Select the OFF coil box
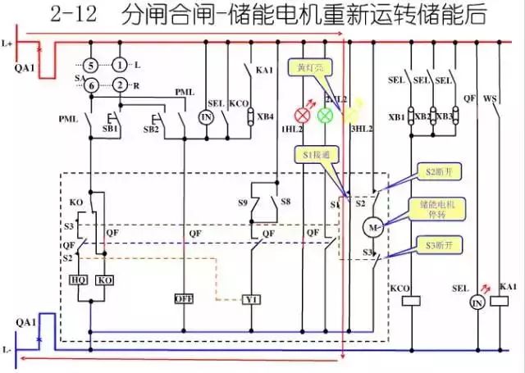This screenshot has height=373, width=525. (183, 298)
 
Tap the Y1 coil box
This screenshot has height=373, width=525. (251, 300)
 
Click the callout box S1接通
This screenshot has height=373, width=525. (313, 153)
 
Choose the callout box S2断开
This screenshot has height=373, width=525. (442, 171)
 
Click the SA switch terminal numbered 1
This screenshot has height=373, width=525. (121, 64)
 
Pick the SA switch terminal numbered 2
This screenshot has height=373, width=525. (121, 85)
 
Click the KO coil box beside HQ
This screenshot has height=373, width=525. (105, 279)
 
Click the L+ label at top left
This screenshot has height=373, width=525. (8, 41)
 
